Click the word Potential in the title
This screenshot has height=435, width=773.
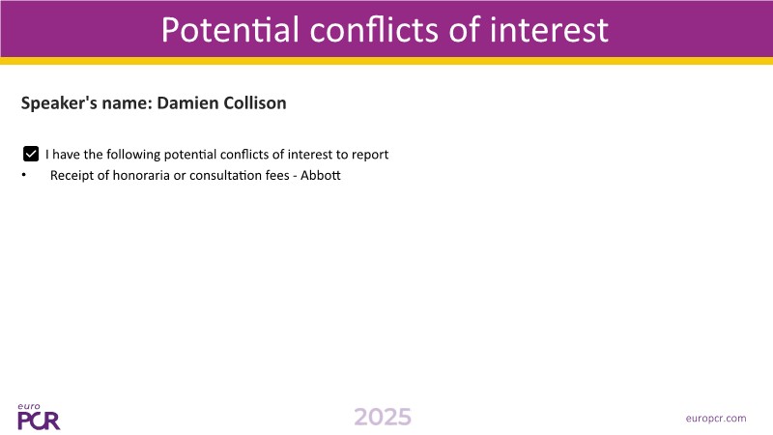coord(230,30)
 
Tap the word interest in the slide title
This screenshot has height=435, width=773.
coord(549,30)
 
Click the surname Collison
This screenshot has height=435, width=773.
coord(255,103)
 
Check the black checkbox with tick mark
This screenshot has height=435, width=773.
coord(31,154)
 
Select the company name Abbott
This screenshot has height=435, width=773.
coord(321,176)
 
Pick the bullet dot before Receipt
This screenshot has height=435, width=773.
coord(23,175)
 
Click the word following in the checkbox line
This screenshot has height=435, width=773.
coord(133,155)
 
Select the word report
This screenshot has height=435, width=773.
coord(370,155)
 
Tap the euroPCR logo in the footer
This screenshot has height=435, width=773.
coord(39,417)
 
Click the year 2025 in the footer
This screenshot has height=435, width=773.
coord(383,418)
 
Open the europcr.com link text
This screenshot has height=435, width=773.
coord(716,419)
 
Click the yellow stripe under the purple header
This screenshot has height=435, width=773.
coord(386,61)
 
